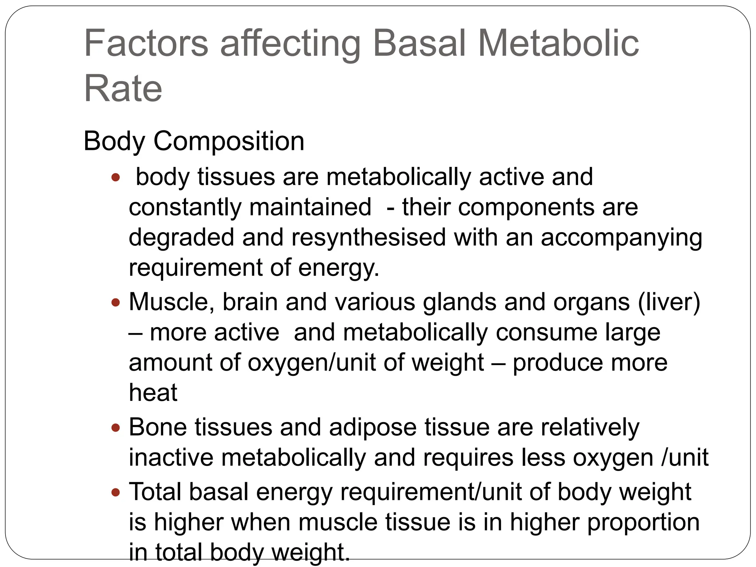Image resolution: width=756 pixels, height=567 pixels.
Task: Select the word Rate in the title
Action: point(123,89)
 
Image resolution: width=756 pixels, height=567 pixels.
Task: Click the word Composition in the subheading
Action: point(229,141)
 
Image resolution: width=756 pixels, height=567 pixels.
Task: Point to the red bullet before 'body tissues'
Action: point(116,178)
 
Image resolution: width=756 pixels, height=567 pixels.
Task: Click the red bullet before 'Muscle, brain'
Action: point(116,303)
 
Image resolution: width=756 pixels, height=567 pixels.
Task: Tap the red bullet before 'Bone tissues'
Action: point(116,428)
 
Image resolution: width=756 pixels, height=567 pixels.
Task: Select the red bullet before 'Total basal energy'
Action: point(116,492)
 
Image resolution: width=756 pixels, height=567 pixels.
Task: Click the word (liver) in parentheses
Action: point(669,303)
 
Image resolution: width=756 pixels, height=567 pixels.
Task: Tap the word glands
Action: point(460,303)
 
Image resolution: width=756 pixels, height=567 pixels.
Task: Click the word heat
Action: point(153,393)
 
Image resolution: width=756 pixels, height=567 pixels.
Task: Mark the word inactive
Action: point(171,458)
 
